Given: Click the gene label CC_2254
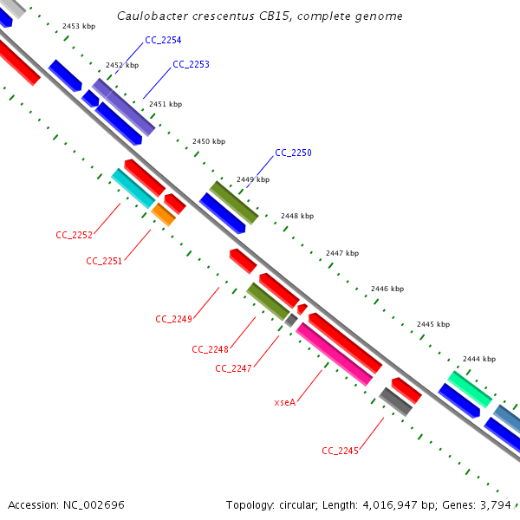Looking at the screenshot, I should pyautogui.click(x=164, y=41).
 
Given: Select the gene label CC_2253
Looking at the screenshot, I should pyautogui.click(x=191, y=65).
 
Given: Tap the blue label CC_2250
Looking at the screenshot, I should pyautogui.click(x=293, y=153).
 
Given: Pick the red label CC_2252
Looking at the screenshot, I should pyautogui.click(x=74, y=235).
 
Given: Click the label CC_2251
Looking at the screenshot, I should pyautogui.click(x=104, y=261).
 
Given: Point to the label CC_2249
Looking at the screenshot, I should pyautogui.click(x=173, y=319).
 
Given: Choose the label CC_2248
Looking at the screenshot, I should pyautogui.click(x=210, y=349).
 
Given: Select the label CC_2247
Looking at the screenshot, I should pyautogui.click(x=233, y=368).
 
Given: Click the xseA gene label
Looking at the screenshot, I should pyautogui.click(x=284, y=402).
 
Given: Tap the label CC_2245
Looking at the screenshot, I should pyautogui.click(x=340, y=451).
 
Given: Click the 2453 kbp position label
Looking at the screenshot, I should pyautogui.click(x=78, y=27).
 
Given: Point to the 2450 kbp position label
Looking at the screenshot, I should pyautogui.click(x=208, y=141).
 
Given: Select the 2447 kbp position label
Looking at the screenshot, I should pyautogui.click(x=341, y=254).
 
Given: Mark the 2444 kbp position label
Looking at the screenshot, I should pyautogui.click(x=478, y=359).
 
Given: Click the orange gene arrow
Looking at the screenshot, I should pyautogui.click(x=163, y=214).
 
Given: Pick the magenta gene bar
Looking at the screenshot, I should pyautogui.click(x=335, y=354).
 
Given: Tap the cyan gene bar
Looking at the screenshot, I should pyautogui.click(x=133, y=188).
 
